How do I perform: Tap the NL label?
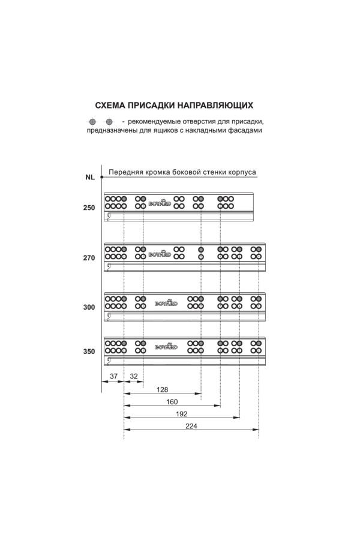click(x=89, y=177)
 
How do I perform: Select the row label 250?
click(x=89, y=208)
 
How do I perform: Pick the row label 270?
click(x=89, y=259)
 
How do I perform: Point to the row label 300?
click(x=89, y=307)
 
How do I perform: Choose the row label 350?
click(x=89, y=352)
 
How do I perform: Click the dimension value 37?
click(x=113, y=376)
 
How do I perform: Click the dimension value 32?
click(x=133, y=376)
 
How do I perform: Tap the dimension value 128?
click(x=162, y=389)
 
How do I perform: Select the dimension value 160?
click(x=172, y=402)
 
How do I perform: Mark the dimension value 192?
click(x=182, y=415)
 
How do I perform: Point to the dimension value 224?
click(x=191, y=427)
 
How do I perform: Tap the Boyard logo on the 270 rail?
click(x=160, y=254)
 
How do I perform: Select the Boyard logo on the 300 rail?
click(x=166, y=304)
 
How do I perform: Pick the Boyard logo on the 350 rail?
click(x=166, y=346)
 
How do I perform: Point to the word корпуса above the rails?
click(x=242, y=172)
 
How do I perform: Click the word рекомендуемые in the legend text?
click(x=160, y=122)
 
